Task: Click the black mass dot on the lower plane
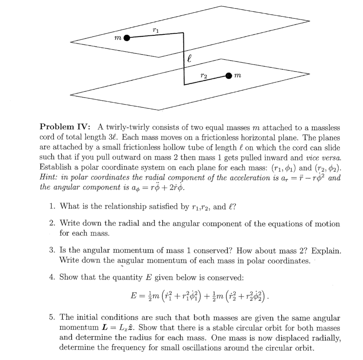(x=229, y=75)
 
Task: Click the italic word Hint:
(x=49, y=178)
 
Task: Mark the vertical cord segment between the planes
(x=184, y=59)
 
